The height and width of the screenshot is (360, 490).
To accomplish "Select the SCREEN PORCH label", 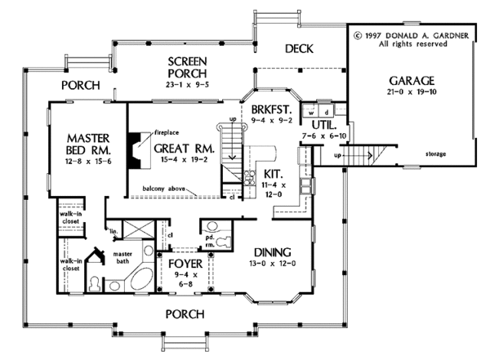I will pos(187,69).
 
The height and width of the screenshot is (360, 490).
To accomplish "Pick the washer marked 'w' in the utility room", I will pos(310,109).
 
